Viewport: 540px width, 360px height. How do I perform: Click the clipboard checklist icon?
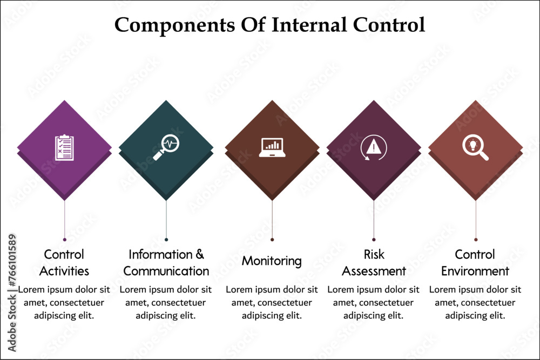tap(64, 147)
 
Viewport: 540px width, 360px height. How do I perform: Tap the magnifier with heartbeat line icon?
tap(166, 147)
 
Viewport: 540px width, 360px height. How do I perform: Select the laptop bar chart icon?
tap(272, 147)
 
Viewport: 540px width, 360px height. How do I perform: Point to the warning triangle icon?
tap(373, 147)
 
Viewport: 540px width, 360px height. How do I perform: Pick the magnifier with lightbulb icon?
tap(475, 147)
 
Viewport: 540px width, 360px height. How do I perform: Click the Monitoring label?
tap(272, 261)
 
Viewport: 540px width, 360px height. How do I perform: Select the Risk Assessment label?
tap(374, 262)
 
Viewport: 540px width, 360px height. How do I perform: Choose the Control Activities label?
tap(64, 262)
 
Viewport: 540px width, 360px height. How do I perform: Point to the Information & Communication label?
tap(166, 262)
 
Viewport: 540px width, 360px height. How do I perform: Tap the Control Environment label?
tap(475, 262)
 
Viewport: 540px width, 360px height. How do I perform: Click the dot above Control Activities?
tap(65, 239)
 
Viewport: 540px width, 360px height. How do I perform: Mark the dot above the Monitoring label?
tap(272, 239)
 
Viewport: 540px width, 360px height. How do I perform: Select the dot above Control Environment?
tap(476, 239)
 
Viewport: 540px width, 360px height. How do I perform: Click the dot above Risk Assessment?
tap(374, 239)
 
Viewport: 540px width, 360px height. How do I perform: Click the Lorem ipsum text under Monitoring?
tap(272, 302)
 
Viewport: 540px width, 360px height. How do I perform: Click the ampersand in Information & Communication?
tap(199, 254)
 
